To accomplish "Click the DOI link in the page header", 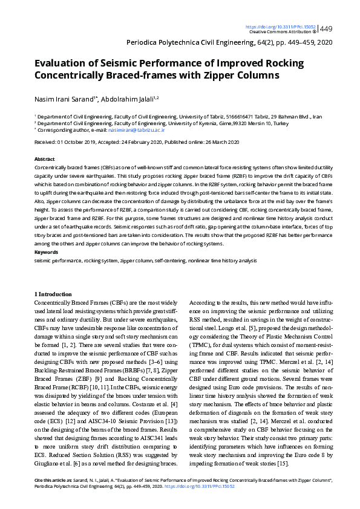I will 280,27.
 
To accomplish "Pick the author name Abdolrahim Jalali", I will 128,98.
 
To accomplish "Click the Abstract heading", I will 45,158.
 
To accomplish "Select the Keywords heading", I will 46,251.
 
